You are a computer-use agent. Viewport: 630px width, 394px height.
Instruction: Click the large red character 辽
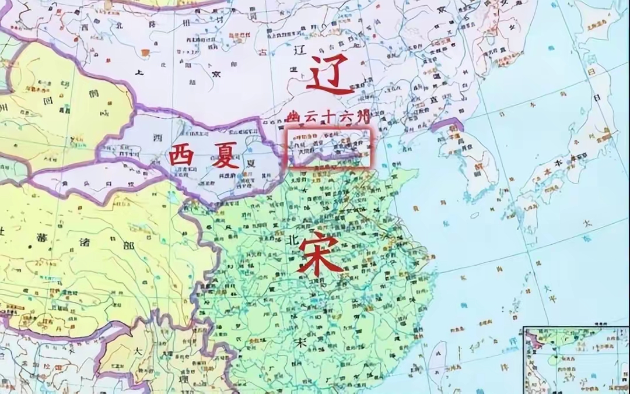click(x=330, y=75)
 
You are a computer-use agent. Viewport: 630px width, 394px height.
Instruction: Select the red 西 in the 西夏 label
click(x=181, y=156)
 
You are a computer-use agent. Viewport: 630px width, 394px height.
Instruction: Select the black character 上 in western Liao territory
click(x=139, y=73)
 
